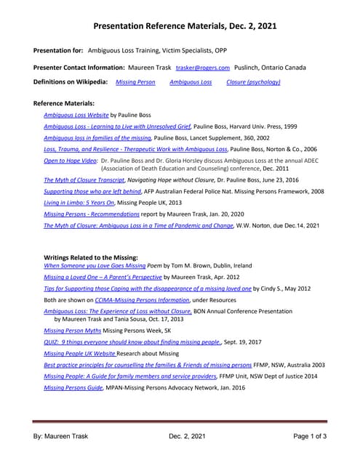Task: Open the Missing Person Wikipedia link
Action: (x=135, y=82)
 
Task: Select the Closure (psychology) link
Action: (x=253, y=82)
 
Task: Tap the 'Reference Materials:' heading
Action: (x=64, y=104)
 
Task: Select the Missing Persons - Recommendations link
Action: (x=91, y=215)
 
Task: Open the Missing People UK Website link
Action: (x=80, y=352)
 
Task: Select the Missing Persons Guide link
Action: (x=73, y=387)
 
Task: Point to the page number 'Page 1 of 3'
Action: (x=310, y=436)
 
